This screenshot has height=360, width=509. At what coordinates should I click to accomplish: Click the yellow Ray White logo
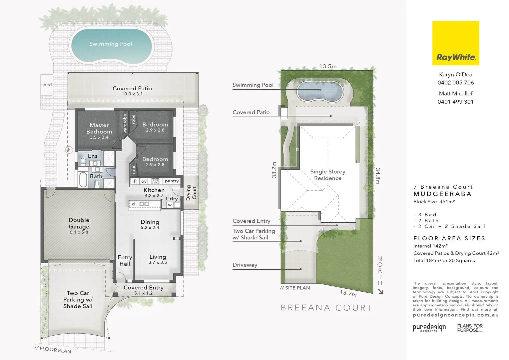point(455,43)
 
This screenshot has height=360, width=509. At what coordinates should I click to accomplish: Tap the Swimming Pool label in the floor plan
point(111,44)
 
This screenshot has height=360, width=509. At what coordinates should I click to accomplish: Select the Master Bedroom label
point(99,128)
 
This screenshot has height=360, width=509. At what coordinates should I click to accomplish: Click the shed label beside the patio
point(47,85)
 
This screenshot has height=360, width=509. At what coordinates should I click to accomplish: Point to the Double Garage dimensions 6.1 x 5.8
point(79,232)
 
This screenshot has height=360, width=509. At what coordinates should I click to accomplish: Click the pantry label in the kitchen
point(172,181)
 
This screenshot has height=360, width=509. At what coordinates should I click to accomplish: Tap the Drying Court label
point(191,193)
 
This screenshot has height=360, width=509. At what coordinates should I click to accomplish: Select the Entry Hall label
point(125,260)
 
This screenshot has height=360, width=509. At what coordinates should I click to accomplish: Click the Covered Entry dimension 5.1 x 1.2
point(143,293)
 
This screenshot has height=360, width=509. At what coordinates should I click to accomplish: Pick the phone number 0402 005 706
point(455,83)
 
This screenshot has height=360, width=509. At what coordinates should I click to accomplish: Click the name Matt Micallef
point(456,94)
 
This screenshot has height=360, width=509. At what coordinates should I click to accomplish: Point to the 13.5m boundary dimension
point(328,66)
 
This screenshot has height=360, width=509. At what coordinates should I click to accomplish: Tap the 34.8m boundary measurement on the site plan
point(377,176)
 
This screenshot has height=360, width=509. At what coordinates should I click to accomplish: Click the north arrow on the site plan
point(380,291)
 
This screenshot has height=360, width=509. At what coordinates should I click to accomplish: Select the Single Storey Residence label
point(328,175)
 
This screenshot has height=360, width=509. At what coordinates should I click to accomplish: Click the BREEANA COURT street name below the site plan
point(326,308)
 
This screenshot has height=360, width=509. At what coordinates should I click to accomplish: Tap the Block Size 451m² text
point(434,202)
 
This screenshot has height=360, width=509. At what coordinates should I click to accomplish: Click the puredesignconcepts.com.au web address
point(455,315)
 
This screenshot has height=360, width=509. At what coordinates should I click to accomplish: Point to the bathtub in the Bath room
point(83,180)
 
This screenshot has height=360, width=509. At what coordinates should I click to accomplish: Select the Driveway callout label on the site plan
point(245,265)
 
